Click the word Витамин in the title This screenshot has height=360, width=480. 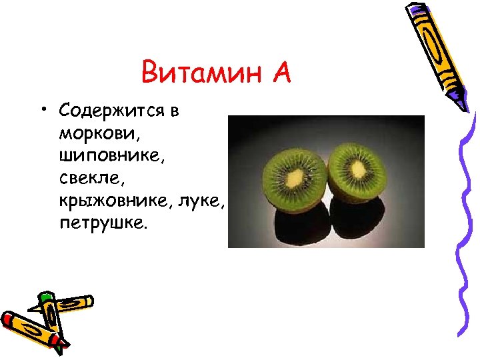201,72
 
